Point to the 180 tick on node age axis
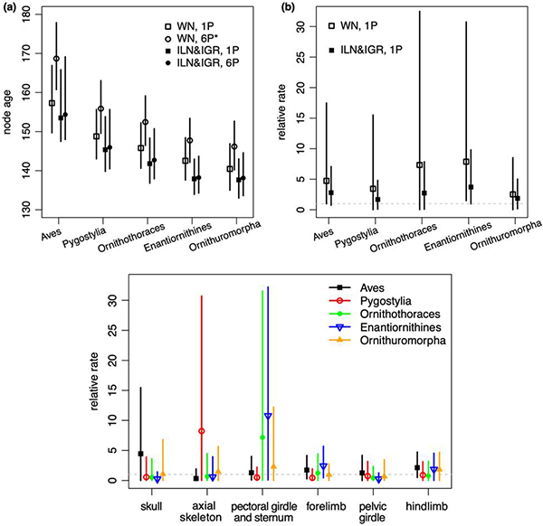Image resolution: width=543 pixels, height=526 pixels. [x=34, y=15]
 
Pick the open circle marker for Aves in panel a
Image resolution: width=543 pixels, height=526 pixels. [x=57, y=59]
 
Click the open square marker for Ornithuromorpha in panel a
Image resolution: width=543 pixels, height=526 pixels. [x=230, y=169]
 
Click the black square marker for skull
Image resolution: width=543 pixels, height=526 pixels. [x=140, y=454]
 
